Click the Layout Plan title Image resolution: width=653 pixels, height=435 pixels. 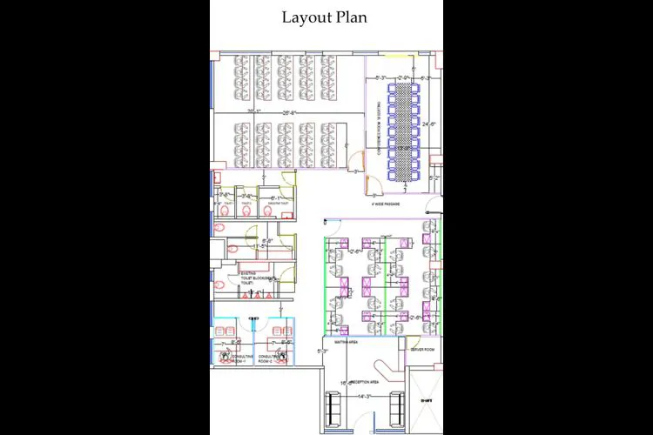(x=324, y=17)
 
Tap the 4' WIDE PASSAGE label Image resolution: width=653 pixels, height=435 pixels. (x=386, y=204)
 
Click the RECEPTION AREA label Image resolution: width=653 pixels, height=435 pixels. (x=364, y=382)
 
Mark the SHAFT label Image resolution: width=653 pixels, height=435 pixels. (x=427, y=399)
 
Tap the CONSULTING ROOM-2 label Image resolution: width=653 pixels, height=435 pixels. (x=269, y=358)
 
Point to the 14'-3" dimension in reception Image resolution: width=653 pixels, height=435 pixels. (x=364, y=397)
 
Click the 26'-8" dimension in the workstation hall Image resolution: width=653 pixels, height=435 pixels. (x=288, y=113)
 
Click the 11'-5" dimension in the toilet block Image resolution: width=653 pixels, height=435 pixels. (x=259, y=246)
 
